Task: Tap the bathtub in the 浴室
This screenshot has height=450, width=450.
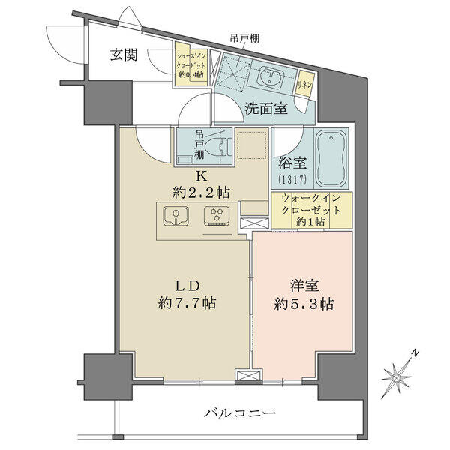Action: [x=331, y=158]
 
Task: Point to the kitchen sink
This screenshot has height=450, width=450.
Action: [x=176, y=216]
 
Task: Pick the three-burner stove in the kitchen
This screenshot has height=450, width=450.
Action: [x=217, y=216]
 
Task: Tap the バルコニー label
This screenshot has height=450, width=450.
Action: [x=240, y=413]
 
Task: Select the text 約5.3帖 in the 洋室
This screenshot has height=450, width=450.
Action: [x=304, y=304]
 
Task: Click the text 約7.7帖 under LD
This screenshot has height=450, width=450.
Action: [x=187, y=302]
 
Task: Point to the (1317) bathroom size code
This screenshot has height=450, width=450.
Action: [x=292, y=180]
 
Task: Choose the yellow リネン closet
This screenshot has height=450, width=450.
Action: [x=304, y=84]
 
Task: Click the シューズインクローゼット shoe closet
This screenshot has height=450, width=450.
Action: [x=191, y=64]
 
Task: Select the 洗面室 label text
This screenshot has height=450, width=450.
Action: [x=265, y=109]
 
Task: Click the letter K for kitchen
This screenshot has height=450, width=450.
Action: [x=201, y=176]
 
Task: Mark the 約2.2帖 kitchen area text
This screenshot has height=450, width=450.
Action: [x=201, y=193]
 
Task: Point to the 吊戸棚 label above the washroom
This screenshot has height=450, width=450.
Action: [x=244, y=37]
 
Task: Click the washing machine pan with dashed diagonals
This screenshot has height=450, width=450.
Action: [x=233, y=71]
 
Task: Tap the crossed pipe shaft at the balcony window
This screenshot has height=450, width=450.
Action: [x=248, y=376]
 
